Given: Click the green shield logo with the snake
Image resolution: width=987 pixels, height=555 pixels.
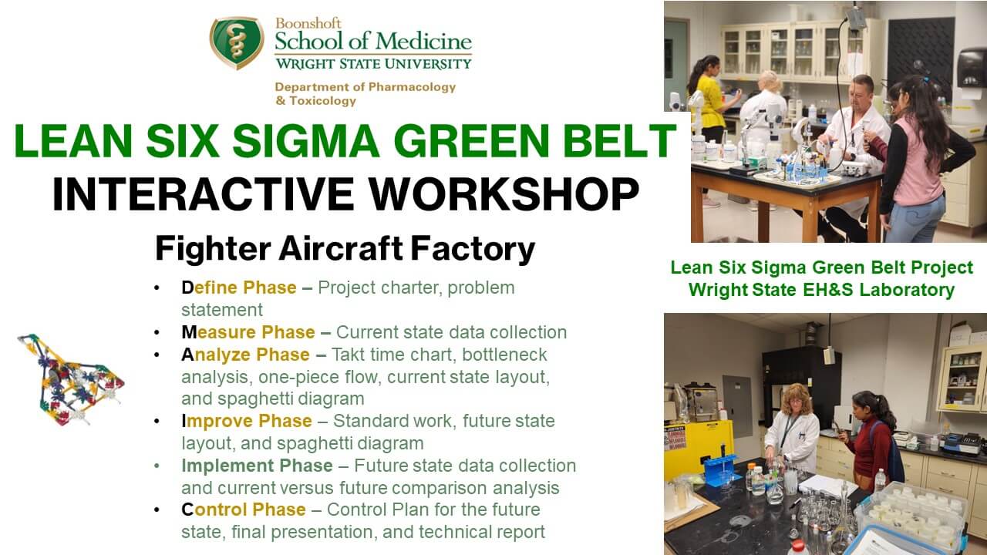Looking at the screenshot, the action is [237, 42].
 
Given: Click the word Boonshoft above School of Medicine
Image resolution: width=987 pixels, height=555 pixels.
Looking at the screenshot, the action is [308, 23].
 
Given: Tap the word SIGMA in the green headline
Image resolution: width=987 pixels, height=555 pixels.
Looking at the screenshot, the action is [306, 140].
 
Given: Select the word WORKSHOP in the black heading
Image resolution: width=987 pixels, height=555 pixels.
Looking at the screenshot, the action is [504, 194].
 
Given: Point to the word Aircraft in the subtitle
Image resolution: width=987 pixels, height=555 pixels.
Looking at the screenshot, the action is [341, 248].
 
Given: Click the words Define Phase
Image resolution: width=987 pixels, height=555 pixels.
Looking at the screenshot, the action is [239, 288].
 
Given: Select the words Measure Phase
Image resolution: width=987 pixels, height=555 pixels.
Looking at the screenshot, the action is [248, 332].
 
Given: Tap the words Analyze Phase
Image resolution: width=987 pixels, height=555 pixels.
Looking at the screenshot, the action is [245, 355].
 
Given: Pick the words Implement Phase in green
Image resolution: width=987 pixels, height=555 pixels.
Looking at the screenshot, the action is [257, 466].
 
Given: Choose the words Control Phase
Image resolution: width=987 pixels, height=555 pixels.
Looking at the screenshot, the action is [243, 510].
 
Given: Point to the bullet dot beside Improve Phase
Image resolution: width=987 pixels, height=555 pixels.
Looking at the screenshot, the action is [157, 422].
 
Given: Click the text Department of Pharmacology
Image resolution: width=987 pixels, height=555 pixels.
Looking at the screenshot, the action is [365, 87].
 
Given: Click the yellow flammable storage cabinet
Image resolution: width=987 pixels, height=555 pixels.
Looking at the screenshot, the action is [698, 449].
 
